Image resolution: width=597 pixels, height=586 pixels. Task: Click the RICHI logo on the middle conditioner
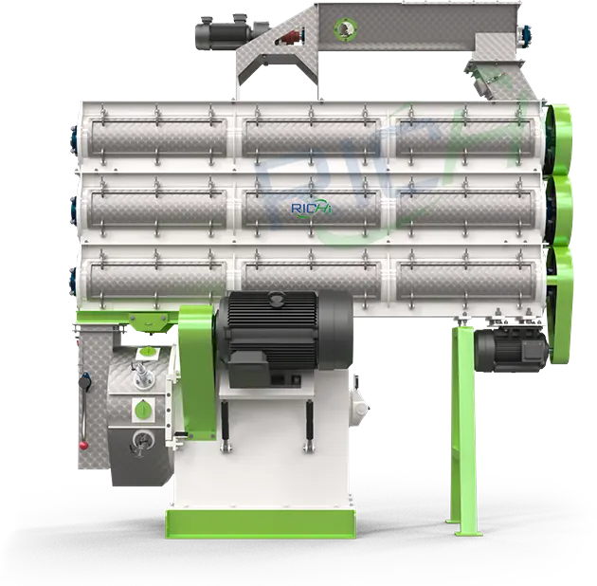click(312, 209)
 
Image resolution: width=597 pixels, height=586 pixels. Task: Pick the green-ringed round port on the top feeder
click(346, 27)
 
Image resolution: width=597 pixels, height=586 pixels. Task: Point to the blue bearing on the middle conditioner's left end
click(74, 210)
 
